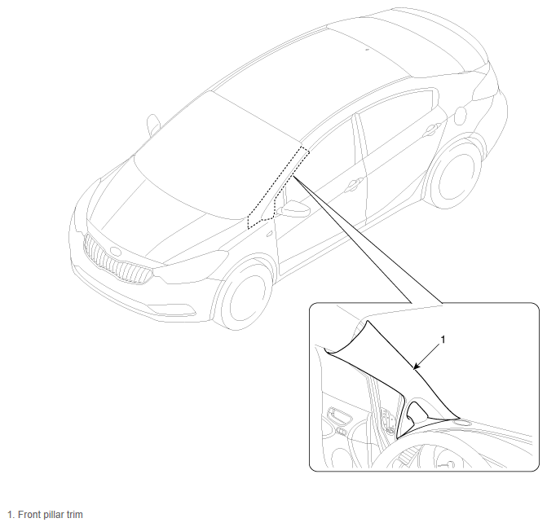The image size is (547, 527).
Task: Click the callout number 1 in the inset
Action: tap(443, 339)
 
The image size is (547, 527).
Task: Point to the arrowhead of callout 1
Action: tap(415, 367)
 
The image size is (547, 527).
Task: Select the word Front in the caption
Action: tap(29, 515)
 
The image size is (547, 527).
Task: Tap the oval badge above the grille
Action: tap(115, 251)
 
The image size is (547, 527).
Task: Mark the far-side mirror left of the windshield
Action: tap(153, 125)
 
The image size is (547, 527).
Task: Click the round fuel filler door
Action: tap(461, 116)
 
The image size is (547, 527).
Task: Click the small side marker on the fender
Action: tap(269, 235)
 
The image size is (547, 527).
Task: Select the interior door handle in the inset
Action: tap(339, 416)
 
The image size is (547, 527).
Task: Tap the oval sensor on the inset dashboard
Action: tap(462, 423)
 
